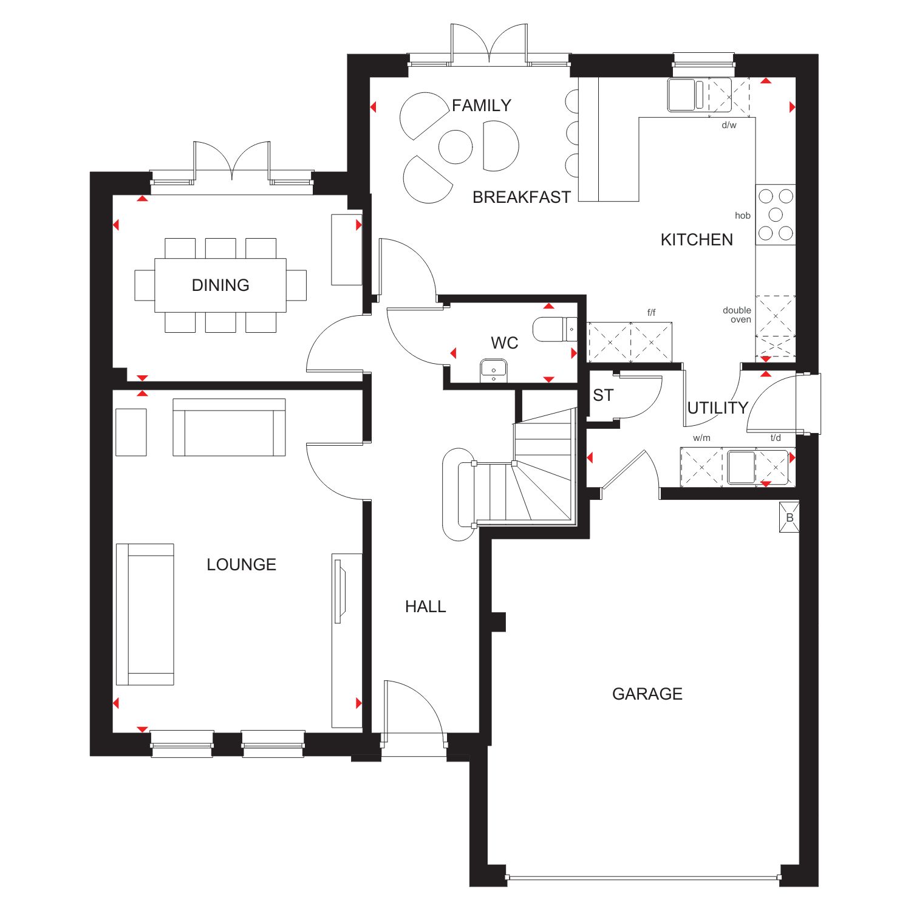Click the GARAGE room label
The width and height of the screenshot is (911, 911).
[x=647, y=694]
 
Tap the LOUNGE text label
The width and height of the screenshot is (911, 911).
[x=241, y=564]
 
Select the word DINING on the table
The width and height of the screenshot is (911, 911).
[x=220, y=285]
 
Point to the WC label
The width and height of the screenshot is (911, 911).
[x=504, y=343]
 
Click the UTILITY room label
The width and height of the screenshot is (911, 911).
[x=717, y=408]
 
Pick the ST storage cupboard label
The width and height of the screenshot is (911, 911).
[x=603, y=395]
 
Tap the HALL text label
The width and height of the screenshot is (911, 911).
[x=425, y=606]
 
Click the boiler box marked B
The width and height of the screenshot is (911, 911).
[x=790, y=517]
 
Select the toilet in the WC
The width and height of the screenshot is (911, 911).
[x=554, y=329]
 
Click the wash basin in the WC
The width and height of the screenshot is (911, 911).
[x=494, y=370]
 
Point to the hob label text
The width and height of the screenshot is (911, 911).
[x=742, y=216]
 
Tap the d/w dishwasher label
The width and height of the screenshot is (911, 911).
[x=729, y=125]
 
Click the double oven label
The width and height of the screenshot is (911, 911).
[x=737, y=315]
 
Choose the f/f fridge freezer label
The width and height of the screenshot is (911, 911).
[x=651, y=313]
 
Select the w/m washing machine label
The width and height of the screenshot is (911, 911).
[x=701, y=438]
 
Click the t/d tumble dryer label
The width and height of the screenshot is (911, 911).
[x=776, y=438]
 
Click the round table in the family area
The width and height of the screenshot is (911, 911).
[x=455, y=147]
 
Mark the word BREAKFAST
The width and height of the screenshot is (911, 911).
[x=522, y=197]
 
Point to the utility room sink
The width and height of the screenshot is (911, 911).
[x=741, y=467]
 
